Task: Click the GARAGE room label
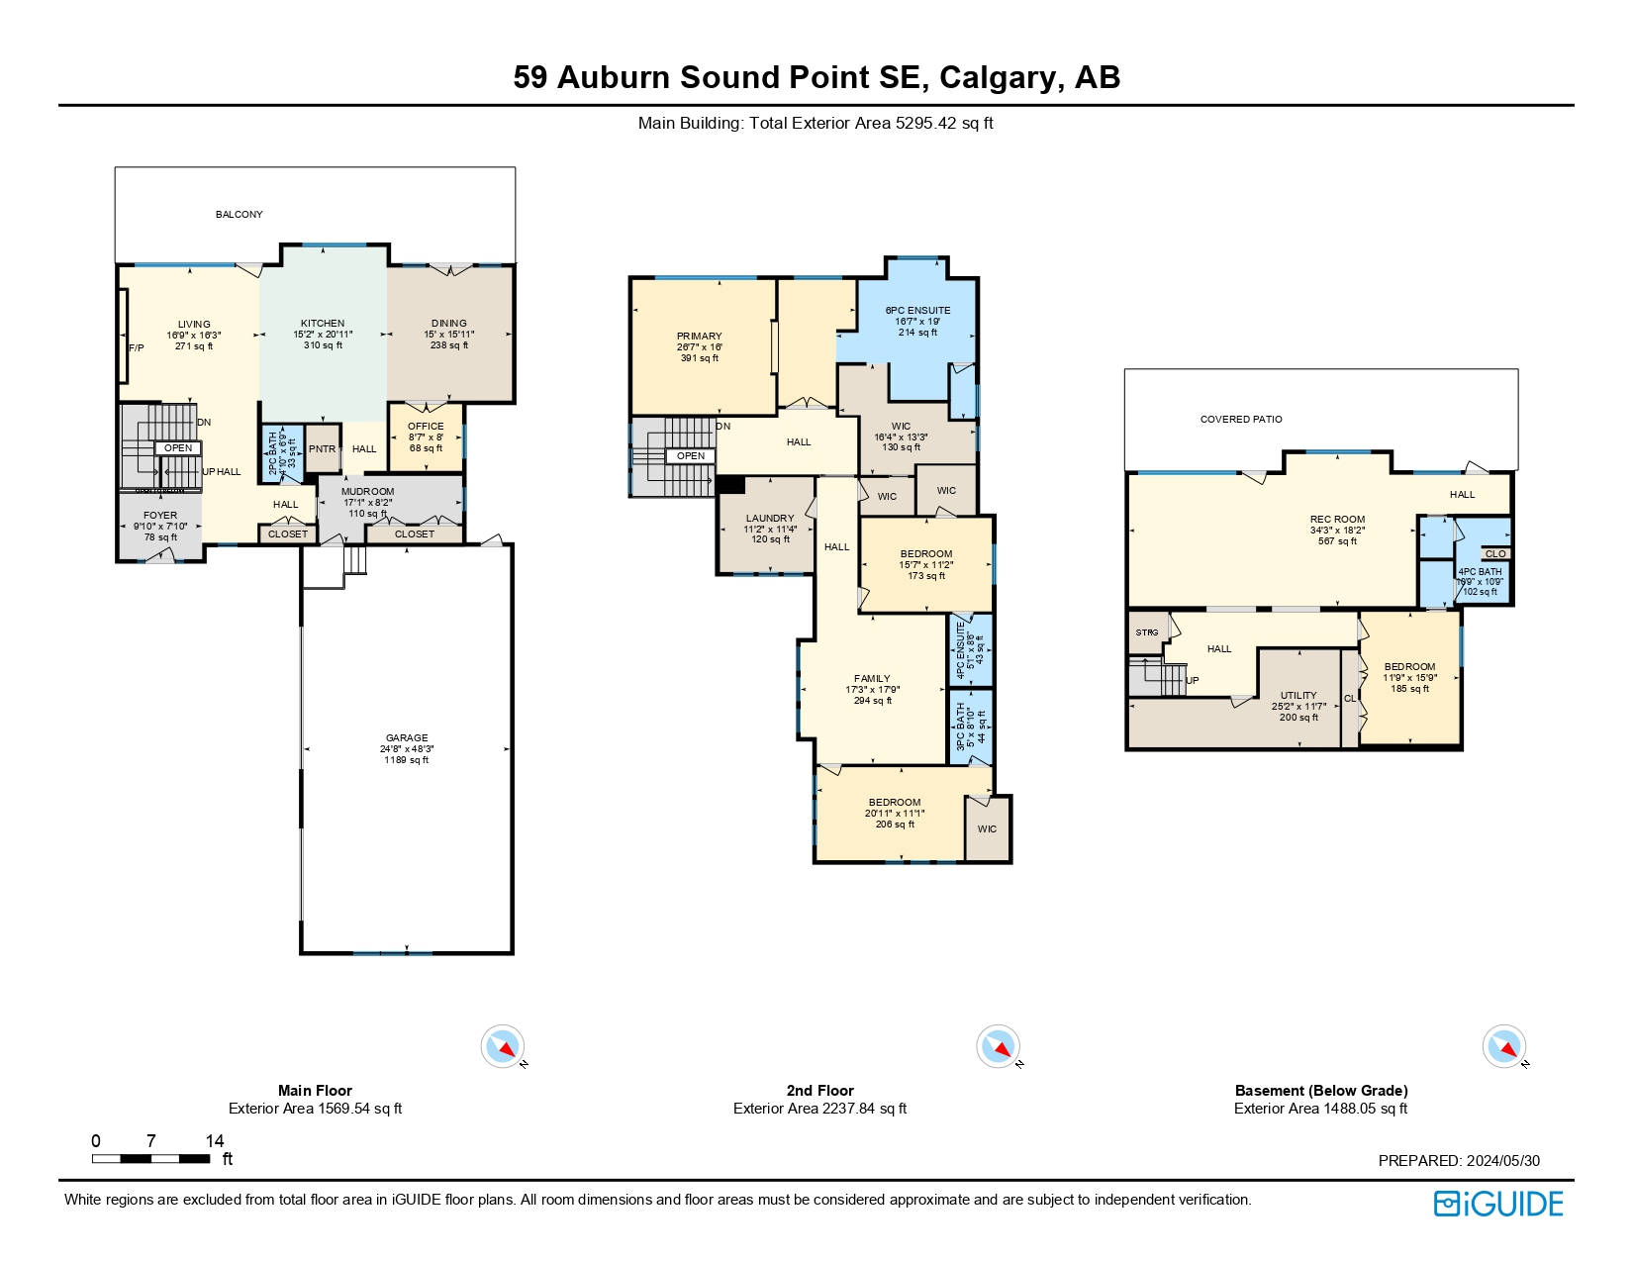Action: (x=407, y=738)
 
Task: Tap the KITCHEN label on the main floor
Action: (x=323, y=324)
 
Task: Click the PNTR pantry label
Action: (x=322, y=449)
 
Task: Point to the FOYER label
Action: (x=160, y=516)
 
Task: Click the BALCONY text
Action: (x=240, y=215)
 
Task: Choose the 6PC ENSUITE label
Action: (x=917, y=311)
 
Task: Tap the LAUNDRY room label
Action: (x=769, y=519)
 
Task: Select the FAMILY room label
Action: (x=872, y=679)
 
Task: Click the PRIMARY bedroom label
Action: (x=699, y=337)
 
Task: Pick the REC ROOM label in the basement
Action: (x=1337, y=520)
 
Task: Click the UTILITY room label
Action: (x=1298, y=696)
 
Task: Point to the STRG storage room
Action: (x=1147, y=632)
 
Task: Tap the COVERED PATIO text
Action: (x=1241, y=420)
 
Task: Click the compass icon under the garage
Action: (x=503, y=1046)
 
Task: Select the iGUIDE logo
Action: (x=1498, y=1204)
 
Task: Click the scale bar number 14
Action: (x=215, y=1141)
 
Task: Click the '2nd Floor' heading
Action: (x=819, y=1091)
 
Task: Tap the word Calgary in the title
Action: (x=1002, y=77)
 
